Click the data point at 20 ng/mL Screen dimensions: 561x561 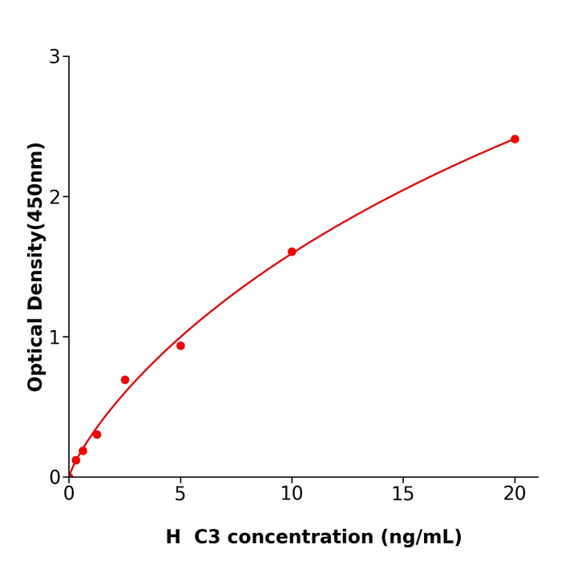515,139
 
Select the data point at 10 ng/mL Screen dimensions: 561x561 292,252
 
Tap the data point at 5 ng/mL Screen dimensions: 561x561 180,345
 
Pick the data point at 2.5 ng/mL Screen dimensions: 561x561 125,380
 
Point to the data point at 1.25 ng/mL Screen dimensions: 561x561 97,434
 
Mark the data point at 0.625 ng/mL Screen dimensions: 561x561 83,451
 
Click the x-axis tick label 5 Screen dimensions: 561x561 180,494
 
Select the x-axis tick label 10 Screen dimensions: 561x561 292,494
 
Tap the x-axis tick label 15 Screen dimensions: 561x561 403,494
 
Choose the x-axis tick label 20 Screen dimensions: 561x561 515,494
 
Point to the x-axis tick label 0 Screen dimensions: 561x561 69,494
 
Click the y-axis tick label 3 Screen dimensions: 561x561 54,57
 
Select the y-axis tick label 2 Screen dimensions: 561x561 54,197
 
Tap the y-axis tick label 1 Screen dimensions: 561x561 54,337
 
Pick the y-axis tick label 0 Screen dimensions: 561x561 54,478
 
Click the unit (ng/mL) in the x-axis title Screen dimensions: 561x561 422,537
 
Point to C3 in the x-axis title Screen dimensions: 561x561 208,537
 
